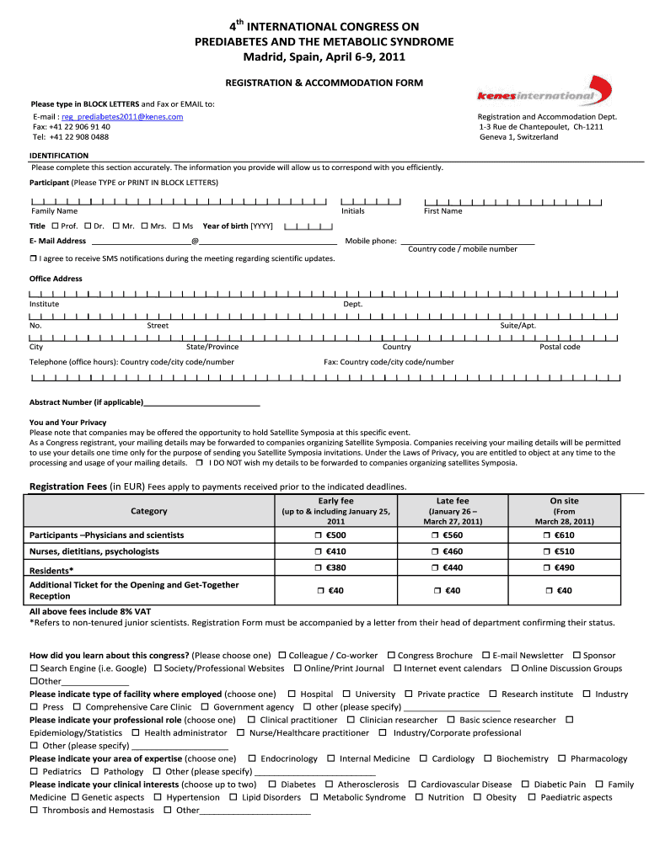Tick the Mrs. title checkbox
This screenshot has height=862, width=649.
[144, 226]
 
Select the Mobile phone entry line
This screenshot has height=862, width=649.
[467, 242]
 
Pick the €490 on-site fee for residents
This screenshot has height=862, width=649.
[549, 568]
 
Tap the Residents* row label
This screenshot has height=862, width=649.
[51, 570]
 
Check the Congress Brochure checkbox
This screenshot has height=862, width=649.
[391, 655]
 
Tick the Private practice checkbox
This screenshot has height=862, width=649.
[409, 694]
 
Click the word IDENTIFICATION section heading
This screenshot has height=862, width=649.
[59, 156]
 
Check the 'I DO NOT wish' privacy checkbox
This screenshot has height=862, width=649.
[199, 463]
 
